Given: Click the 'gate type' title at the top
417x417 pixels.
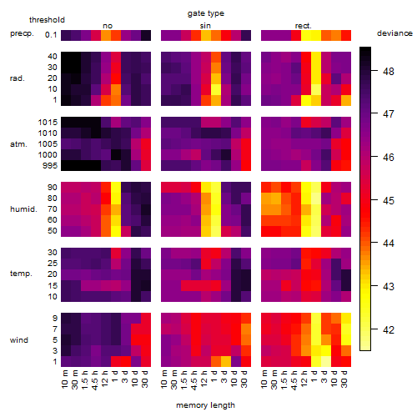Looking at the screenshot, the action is click(206, 13).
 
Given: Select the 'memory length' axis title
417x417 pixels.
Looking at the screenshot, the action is click(205, 405).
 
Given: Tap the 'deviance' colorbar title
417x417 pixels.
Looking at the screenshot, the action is click(394, 33).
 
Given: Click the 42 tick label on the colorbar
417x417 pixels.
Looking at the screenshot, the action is click(389, 329).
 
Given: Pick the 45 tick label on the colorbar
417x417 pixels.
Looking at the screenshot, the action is click(389, 200).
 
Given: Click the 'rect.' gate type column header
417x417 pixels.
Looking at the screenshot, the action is click(304, 26).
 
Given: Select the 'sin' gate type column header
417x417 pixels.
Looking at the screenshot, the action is click(205, 26).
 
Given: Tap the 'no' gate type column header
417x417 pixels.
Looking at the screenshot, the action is click(108, 26).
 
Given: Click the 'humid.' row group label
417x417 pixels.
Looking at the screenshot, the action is click(23, 209).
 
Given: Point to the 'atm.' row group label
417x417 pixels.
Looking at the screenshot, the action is click(18, 144).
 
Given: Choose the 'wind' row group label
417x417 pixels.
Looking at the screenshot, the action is click(19, 340).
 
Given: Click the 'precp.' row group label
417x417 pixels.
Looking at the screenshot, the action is click(22, 33).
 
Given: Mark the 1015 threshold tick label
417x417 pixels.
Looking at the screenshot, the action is click(48, 123).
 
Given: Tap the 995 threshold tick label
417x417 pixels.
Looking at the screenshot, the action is click(50, 166).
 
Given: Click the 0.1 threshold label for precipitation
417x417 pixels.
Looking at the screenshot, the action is click(51, 35).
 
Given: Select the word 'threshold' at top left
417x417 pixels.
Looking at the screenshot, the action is click(47, 20).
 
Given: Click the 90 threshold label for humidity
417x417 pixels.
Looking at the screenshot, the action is click(53, 188).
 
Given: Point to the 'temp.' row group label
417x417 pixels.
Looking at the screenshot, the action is click(21, 274).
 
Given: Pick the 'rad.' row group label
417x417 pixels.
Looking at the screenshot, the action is click(18, 78).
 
